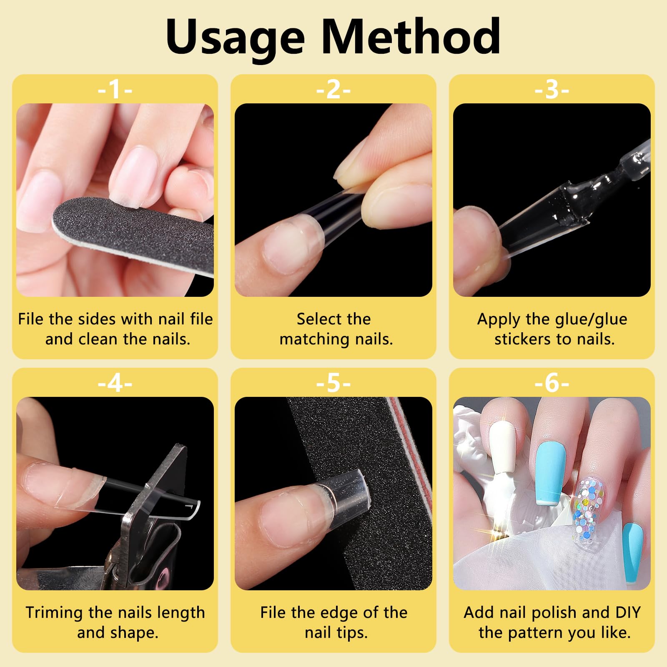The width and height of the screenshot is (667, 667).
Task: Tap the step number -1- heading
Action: pyautogui.click(x=115, y=89)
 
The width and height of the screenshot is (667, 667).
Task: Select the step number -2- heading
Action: pyautogui.click(x=333, y=89)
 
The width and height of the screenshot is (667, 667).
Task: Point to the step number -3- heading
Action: pyautogui.click(x=552, y=89)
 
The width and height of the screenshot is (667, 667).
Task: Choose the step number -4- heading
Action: pyautogui.click(x=115, y=383)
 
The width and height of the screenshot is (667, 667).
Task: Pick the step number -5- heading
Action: pyautogui.click(x=333, y=383)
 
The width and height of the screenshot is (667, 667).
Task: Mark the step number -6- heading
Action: pyautogui.click(x=552, y=383)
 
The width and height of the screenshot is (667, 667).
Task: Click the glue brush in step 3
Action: pyautogui.click(x=600, y=183)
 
